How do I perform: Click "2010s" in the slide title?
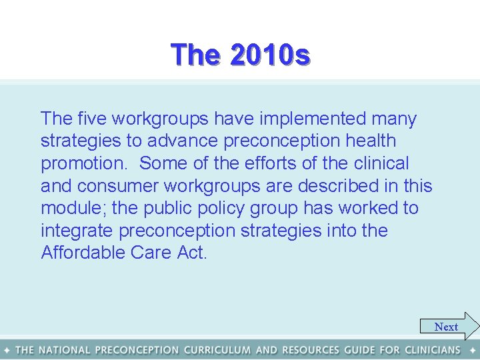269,55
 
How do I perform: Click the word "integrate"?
82,231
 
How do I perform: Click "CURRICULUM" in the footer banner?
217,350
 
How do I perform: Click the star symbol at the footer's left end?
7,350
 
